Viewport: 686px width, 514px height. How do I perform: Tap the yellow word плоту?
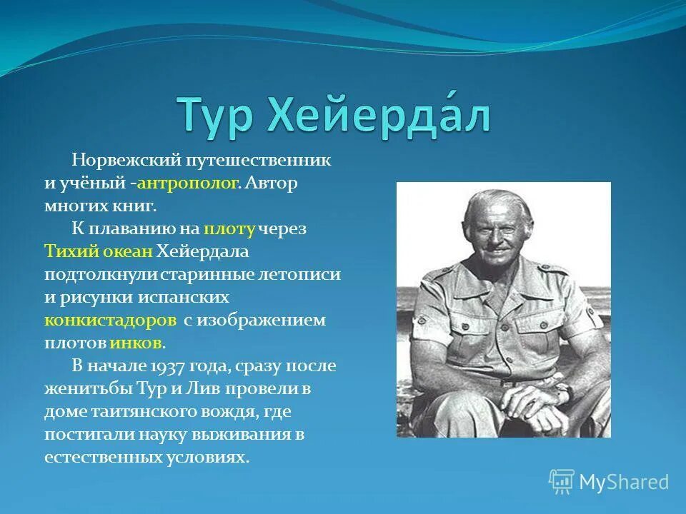point(229,229)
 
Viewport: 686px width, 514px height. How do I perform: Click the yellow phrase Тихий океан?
point(99,252)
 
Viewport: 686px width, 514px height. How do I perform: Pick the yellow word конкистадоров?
point(111,321)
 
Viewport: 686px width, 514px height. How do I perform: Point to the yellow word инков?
point(137,343)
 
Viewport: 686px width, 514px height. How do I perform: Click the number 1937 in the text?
point(168,366)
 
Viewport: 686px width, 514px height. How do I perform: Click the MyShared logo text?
point(624,483)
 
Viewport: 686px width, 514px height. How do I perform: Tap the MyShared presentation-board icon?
point(562,481)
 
